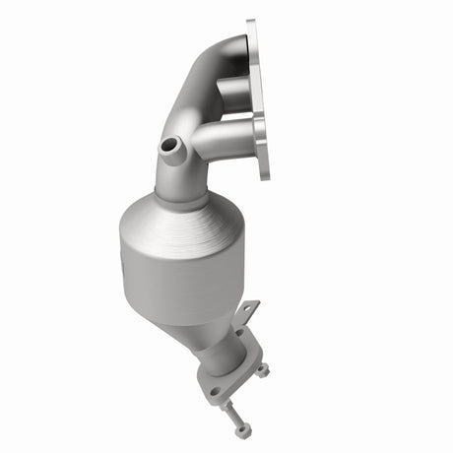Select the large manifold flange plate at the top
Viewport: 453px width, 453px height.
click(x=258, y=98)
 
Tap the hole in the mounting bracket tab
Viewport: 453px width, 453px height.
click(x=247, y=312)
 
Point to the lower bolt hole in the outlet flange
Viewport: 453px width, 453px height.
click(x=214, y=391)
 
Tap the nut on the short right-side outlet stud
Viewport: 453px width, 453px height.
click(x=263, y=370)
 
